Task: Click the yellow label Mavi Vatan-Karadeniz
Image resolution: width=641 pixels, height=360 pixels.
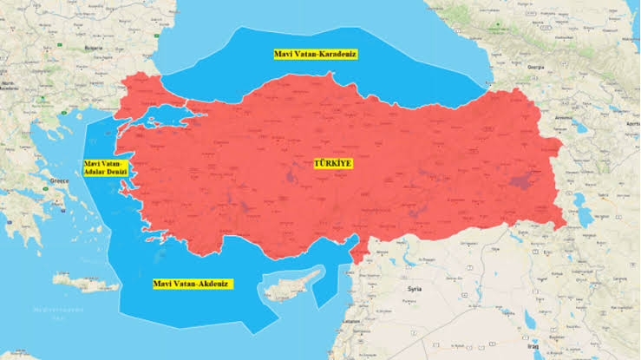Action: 315,54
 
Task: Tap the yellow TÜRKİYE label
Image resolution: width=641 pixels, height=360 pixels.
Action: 334,163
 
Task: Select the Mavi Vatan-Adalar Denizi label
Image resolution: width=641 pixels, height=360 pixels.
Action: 105,167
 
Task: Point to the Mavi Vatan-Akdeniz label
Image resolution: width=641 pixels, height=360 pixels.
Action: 192,284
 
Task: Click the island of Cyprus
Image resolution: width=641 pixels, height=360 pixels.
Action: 290,287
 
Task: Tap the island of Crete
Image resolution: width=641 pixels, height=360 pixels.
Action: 86,282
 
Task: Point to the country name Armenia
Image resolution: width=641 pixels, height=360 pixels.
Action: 565,115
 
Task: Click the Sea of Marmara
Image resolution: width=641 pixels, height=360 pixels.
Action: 165,116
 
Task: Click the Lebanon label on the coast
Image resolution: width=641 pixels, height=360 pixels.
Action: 351,322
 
